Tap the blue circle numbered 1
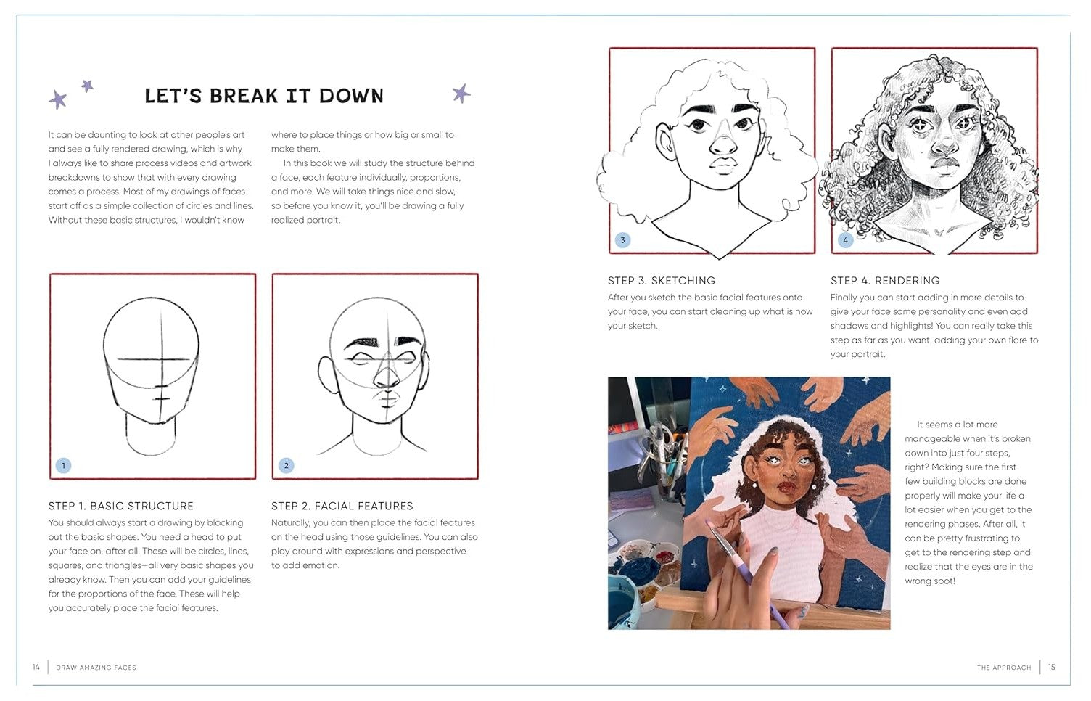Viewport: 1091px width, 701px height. (64, 465)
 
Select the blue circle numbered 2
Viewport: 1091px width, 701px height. (287, 465)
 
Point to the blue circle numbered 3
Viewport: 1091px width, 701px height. (622, 240)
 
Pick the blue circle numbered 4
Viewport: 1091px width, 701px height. (845, 240)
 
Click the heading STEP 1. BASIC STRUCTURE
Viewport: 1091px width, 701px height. (121, 506)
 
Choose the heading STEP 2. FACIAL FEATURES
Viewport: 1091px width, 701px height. (342, 506)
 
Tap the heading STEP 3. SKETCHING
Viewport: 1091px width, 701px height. (662, 281)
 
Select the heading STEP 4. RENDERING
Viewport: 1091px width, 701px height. (885, 281)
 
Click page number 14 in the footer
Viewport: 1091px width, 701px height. (36, 667)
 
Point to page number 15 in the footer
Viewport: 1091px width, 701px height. (1052, 667)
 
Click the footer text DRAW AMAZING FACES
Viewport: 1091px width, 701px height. (96, 668)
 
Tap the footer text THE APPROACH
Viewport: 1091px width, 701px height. (1004, 668)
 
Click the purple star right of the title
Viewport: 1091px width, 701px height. (461, 93)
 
